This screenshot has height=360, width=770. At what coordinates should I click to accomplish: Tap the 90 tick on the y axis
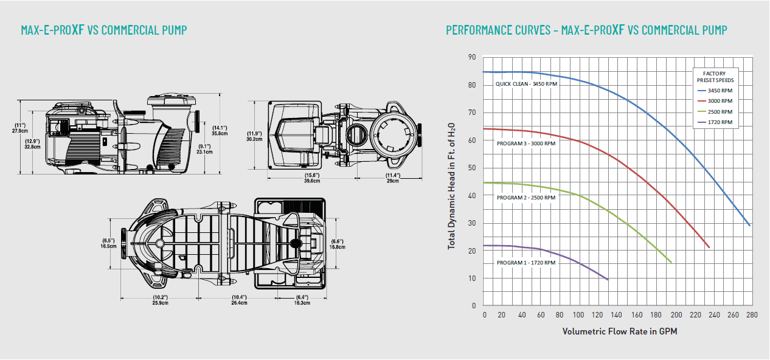tap(472, 57)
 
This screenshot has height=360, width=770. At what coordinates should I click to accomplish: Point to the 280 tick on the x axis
tap(752, 315)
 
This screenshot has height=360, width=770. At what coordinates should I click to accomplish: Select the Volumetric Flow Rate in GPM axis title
tap(619, 331)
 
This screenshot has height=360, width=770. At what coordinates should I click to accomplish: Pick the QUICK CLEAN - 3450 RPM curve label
tap(526, 84)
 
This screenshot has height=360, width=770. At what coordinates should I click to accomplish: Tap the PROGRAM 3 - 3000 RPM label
tap(525, 144)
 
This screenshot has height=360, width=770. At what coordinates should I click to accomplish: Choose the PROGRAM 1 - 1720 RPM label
tap(525, 263)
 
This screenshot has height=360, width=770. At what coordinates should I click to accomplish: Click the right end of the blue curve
tap(750, 226)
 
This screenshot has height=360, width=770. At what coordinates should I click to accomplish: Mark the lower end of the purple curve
tap(608, 280)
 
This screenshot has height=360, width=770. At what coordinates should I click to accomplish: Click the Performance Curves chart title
tap(586, 30)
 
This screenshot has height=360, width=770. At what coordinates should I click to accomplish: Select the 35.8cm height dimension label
tap(220, 133)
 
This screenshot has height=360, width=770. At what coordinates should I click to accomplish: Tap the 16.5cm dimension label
tap(109, 246)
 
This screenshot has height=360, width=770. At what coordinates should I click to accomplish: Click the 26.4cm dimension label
tap(239, 302)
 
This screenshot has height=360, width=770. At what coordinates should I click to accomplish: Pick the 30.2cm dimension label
tap(254, 139)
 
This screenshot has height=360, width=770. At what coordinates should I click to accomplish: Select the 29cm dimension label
tap(392, 181)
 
